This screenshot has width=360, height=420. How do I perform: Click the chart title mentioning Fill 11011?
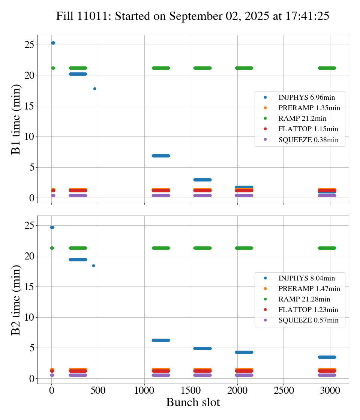point(193,16)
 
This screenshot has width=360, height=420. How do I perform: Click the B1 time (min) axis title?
point(16,119)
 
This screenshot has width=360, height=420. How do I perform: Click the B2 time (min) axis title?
point(16,300)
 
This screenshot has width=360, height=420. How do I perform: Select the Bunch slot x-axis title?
point(193,402)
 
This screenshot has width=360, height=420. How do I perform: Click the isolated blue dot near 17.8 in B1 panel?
point(94,89)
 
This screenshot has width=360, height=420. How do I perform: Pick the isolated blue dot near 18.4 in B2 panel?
point(93,266)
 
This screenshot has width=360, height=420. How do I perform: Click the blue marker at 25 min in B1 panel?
point(53,43)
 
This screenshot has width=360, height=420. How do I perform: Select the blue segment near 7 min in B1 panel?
point(160,156)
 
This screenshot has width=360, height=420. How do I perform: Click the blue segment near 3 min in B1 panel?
point(202,180)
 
